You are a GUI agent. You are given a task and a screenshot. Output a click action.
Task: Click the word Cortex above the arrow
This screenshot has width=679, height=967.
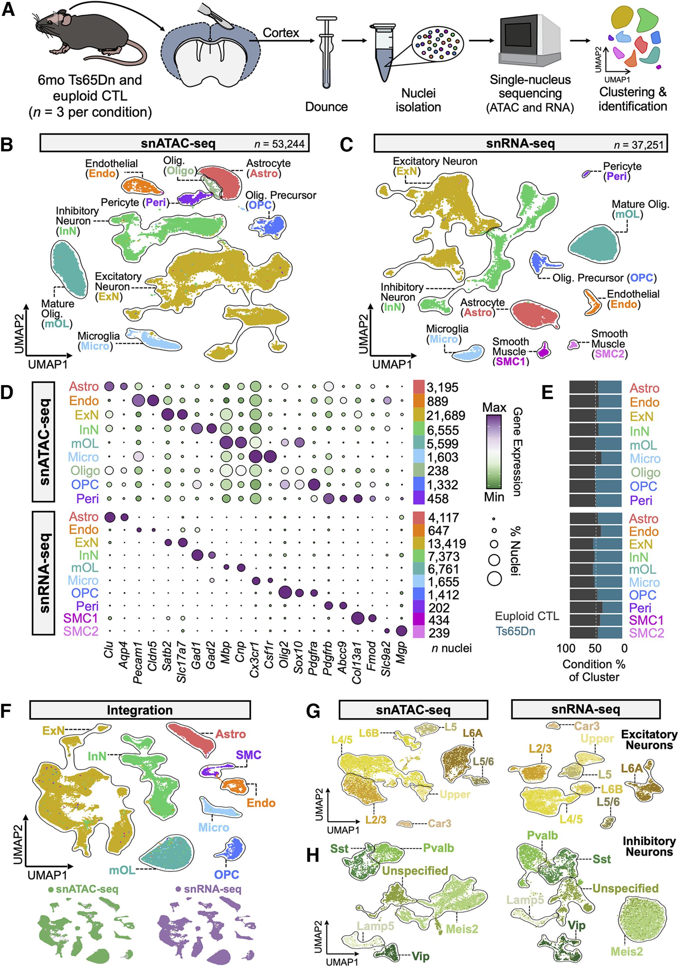click(x=281, y=33)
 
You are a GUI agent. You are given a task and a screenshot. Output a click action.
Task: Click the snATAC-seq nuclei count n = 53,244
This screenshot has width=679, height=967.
click(x=279, y=144)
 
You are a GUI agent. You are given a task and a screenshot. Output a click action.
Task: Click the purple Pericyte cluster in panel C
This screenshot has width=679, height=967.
click(x=586, y=173)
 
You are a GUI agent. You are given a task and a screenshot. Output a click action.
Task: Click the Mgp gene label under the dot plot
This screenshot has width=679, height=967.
click(x=401, y=652)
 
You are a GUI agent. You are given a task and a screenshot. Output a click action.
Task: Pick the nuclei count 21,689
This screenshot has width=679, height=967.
click(x=445, y=416)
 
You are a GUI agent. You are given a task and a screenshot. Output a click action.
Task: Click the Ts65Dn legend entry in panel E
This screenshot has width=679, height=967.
click(x=515, y=631)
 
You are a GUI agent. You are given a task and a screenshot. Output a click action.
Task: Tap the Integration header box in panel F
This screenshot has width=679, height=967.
click(x=140, y=710)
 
